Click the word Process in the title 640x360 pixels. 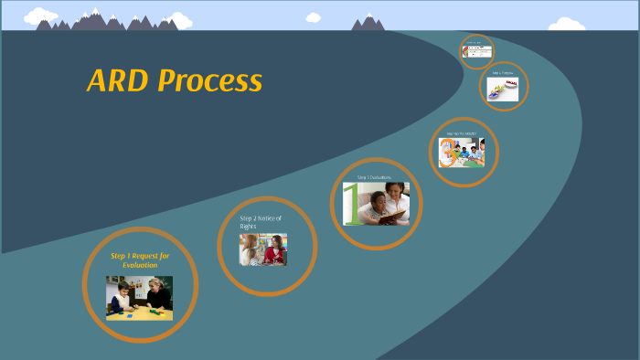pyautogui.click(x=210, y=81)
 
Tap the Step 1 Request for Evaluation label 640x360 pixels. pyautogui.click(x=140, y=260)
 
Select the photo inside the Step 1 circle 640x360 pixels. pyautogui.click(x=139, y=298)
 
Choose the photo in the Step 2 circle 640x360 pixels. pyautogui.click(x=263, y=249)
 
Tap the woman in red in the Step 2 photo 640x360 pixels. pyautogui.click(x=273, y=249)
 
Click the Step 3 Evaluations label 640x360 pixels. pyautogui.click(x=374, y=176)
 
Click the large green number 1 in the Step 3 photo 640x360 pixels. pyautogui.click(x=352, y=204)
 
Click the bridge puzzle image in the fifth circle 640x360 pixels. pyautogui.click(x=504, y=89)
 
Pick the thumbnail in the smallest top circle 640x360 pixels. pyautogui.click(x=476, y=52)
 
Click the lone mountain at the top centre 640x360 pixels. pyautogui.click(x=368, y=23)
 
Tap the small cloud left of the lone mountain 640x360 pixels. pyautogui.click(x=314, y=17)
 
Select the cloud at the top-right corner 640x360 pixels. pyautogui.click(x=565, y=24)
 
